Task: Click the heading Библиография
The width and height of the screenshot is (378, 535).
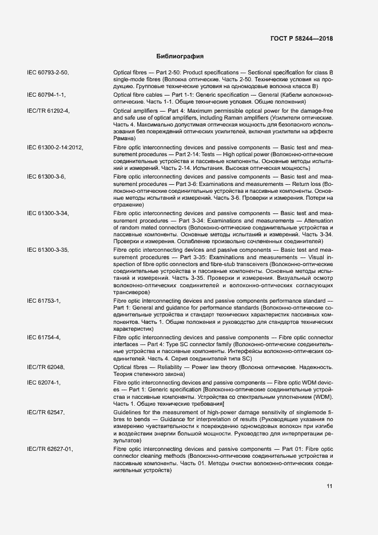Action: [x=180, y=57]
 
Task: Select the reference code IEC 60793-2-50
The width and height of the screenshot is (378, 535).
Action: [x=48, y=73]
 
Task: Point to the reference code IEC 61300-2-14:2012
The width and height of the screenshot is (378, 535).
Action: [x=55, y=148]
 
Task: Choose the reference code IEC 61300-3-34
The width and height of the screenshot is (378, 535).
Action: [x=48, y=213]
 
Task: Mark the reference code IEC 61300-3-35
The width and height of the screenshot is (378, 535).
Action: [x=48, y=250]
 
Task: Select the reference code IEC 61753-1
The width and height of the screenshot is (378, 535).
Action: [x=44, y=300]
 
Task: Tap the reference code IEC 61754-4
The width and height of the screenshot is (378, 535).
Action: [x=44, y=338]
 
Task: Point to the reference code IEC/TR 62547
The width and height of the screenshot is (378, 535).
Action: [x=46, y=411]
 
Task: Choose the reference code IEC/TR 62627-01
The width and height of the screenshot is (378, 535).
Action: [x=50, y=449]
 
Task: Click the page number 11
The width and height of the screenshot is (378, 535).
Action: [x=329, y=487]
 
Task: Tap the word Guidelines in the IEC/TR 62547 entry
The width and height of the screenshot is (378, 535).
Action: [x=128, y=411]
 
